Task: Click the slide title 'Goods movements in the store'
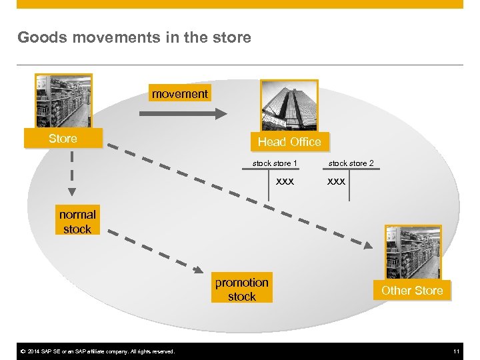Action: [x=134, y=37]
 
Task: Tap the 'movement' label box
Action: [x=179, y=94]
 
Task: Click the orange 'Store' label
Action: [x=63, y=139]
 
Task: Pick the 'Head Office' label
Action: [x=289, y=141]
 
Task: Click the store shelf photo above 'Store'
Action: [x=63, y=101]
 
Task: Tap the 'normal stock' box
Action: [x=77, y=221]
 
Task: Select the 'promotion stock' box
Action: [x=241, y=289]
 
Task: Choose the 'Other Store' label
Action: [x=412, y=290]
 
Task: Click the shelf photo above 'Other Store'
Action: [x=413, y=252]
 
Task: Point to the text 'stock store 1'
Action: [x=275, y=163]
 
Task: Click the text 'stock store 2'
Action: [x=351, y=163]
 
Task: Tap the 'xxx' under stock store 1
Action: [x=285, y=180]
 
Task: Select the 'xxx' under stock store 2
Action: [x=336, y=180]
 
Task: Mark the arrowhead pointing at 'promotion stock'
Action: [x=198, y=269]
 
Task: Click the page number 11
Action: [x=457, y=351]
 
